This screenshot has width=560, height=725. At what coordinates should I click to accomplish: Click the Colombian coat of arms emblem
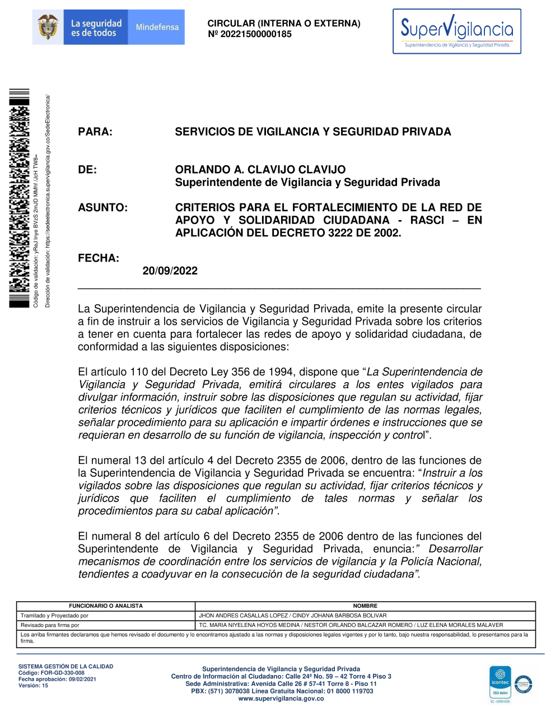(x=48, y=27)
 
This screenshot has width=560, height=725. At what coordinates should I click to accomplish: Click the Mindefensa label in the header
(x=157, y=27)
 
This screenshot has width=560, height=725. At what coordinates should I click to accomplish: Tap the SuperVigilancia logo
(x=456, y=31)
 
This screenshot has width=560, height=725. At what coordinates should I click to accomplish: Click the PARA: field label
(x=95, y=132)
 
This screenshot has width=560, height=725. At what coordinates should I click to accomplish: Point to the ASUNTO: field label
(x=102, y=208)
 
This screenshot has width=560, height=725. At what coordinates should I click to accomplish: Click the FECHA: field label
(x=99, y=258)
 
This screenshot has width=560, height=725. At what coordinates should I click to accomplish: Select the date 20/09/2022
(x=170, y=271)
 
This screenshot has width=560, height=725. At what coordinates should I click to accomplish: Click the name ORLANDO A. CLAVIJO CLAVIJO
(x=260, y=170)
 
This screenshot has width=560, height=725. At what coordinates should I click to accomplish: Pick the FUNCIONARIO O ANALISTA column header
(x=106, y=606)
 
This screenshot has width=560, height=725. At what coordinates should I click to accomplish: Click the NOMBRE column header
(x=365, y=606)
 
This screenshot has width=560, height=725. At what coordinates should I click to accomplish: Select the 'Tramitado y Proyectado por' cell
(x=54, y=615)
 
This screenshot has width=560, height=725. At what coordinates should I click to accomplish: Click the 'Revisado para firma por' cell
(x=50, y=625)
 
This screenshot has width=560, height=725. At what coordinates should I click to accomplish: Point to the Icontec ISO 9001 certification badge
(x=500, y=684)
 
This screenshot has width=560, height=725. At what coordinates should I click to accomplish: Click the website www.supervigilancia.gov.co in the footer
(x=281, y=699)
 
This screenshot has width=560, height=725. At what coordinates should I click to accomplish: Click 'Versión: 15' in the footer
(x=33, y=685)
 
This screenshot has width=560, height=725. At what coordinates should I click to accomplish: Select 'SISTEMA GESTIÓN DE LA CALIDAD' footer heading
(x=66, y=667)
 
